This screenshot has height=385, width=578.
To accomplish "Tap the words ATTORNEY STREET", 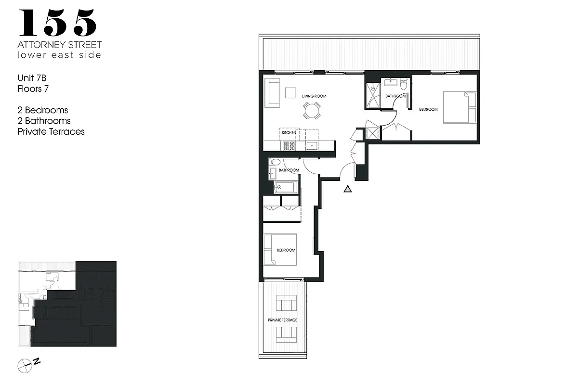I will (60, 44).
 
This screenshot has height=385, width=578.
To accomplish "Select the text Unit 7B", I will (32, 78).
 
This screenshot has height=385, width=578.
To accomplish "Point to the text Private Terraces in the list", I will (51, 131).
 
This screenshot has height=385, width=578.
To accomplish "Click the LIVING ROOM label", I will (314, 96).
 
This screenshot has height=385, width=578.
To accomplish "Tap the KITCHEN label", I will (289, 132).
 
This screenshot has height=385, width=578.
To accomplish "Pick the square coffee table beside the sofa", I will (290, 92).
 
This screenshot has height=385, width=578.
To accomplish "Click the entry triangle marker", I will (348, 189).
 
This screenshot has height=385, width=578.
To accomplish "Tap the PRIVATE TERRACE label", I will (283, 320).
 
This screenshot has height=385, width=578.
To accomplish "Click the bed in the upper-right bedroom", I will (460, 107).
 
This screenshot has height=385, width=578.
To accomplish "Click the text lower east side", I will (59, 55).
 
